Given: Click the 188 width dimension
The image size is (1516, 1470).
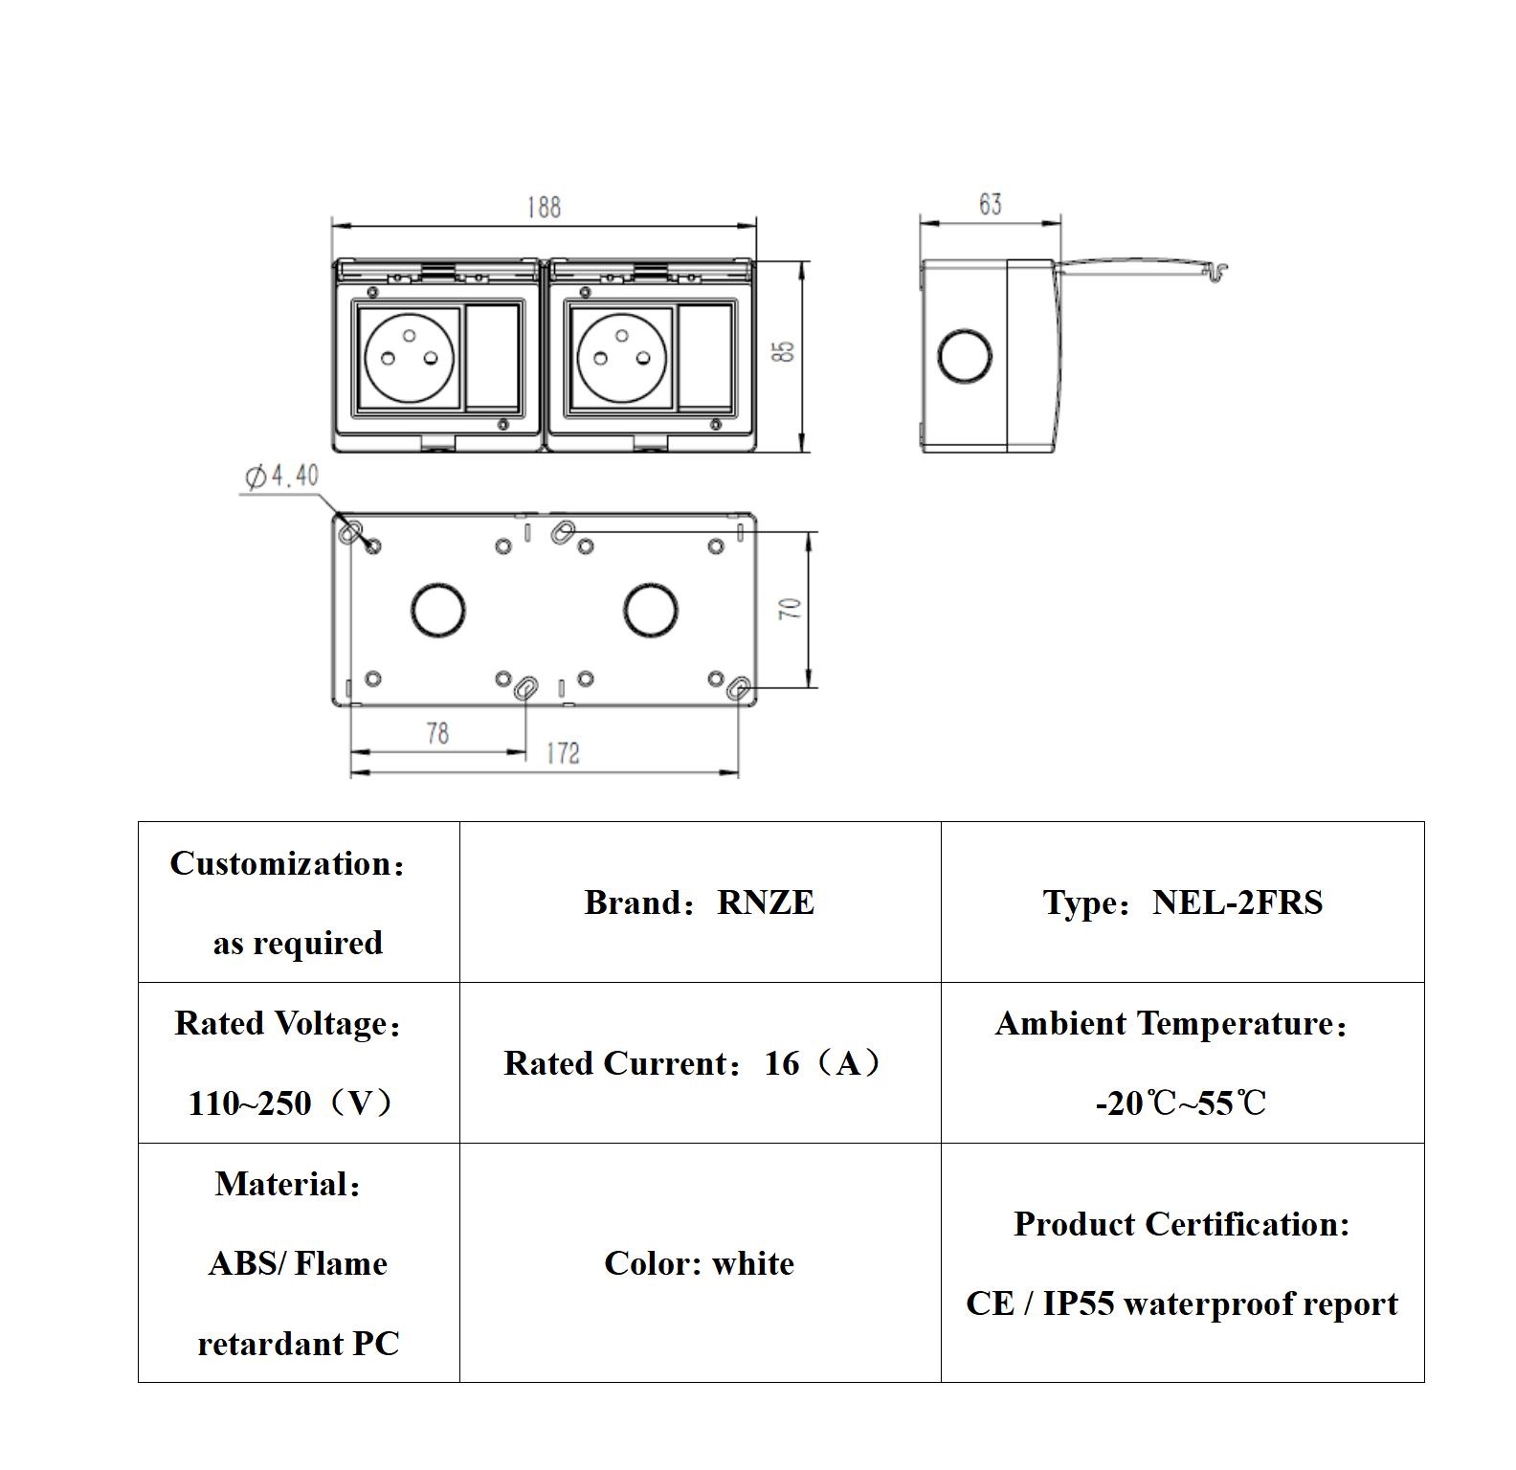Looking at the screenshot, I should pyautogui.click(x=544, y=207).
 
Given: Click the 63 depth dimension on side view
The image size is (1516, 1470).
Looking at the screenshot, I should pyautogui.click(x=990, y=204).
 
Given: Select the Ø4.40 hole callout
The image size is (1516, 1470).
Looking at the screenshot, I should pyautogui.click(x=282, y=476).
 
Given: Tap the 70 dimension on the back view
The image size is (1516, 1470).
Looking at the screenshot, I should pyautogui.click(x=791, y=609).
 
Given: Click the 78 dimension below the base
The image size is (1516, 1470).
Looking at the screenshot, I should pyautogui.click(x=437, y=733).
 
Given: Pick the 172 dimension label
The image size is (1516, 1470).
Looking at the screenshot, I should pyautogui.click(x=563, y=753).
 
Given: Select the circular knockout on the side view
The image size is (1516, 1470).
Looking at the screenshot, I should pyautogui.click(x=965, y=355).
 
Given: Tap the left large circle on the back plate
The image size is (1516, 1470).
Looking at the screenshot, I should pyautogui.click(x=438, y=610).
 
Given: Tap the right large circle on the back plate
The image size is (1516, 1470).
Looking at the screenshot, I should pyautogui.click(x=651, y=610).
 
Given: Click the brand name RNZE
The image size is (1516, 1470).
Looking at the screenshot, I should pyautogui.click(x=766, y=902).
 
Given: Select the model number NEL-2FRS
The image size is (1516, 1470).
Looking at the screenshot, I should pyautogui.click(x=1237, y=902).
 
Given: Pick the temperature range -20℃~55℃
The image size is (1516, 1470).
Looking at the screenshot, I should pyautogui.click(x=1181, y=1103).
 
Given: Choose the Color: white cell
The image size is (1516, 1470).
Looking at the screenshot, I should pyautogui.click(x=699, y=1263).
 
